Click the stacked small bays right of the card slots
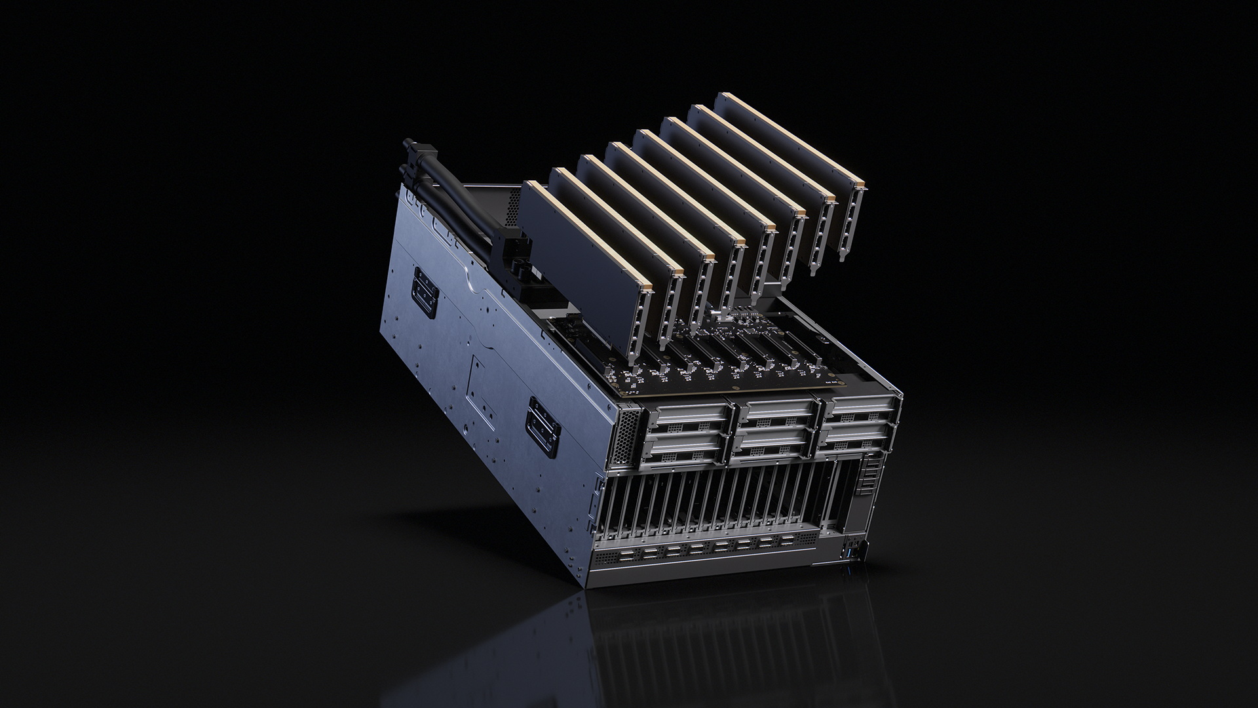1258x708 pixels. pyautogui.click(x=871, y=471)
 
